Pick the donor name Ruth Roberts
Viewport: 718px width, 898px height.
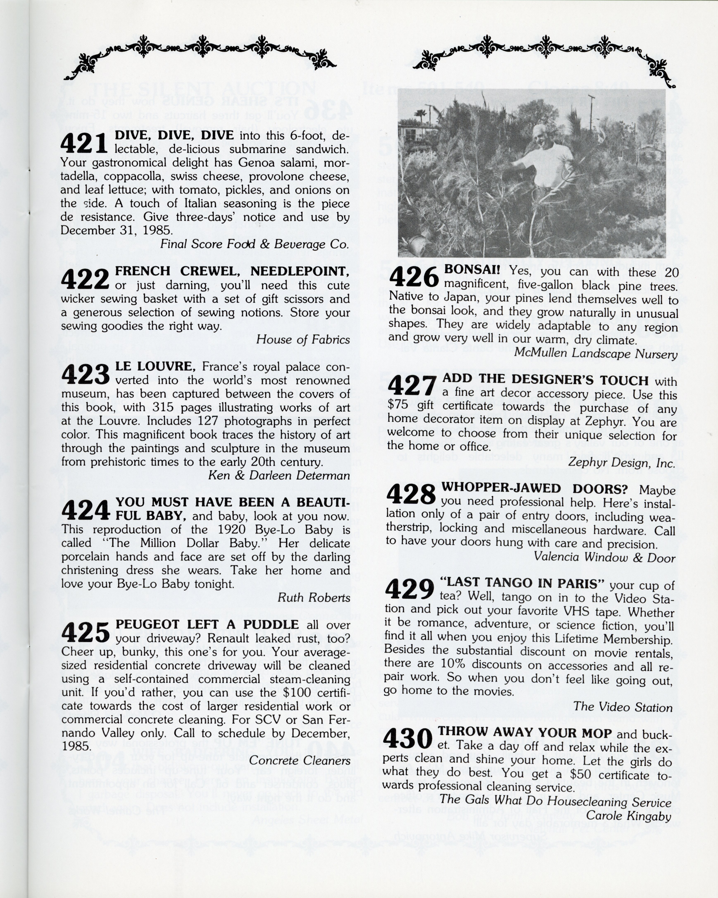pyautogui.click(x=314, y=598)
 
